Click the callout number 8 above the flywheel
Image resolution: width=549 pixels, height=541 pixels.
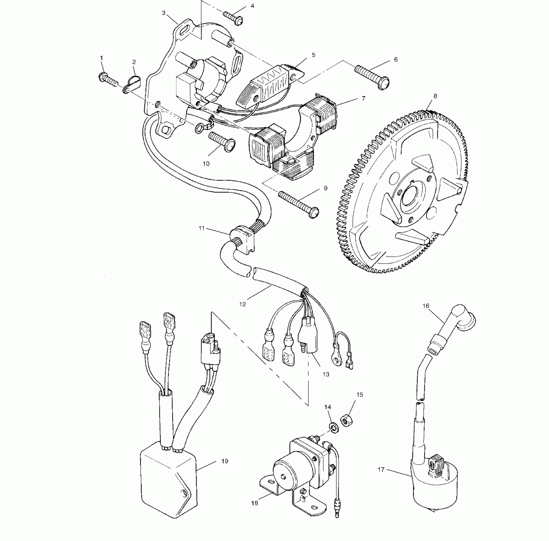coord(435,96)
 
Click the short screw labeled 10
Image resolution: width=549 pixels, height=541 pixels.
coord(222,142)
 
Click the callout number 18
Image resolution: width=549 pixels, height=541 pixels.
coord(255,503)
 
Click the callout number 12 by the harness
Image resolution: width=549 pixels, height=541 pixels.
coord(243,304)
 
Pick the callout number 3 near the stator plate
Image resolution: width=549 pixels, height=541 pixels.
coord(163,13)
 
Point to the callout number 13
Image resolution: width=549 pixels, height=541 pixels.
coord(326,375)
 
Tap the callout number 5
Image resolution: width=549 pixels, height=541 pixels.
coord(314,55)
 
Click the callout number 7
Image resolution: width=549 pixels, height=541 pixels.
coord(364,98)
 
